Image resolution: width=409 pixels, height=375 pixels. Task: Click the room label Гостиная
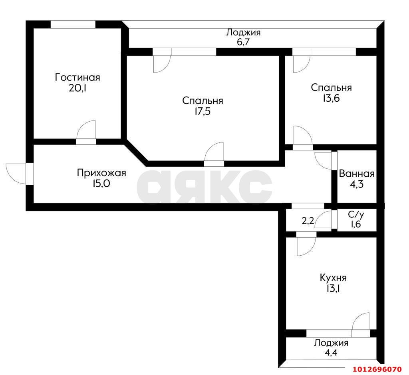click(x=77, y=77)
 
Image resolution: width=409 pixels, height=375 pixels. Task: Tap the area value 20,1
click(x=77, y=88)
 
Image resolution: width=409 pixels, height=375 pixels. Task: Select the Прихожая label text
click(x=101, y=173)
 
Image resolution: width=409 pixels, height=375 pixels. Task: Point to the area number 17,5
click(x=203, y=112)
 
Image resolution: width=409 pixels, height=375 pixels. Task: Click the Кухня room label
click(x=333, y=278)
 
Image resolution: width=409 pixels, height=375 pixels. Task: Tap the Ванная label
click(x=356, y=174)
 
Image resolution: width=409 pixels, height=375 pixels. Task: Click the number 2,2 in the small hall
click(x=307, y=221)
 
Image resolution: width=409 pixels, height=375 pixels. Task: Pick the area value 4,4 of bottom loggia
click(x=331, y=352)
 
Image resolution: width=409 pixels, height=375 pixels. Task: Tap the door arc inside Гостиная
click(x=87, y=130)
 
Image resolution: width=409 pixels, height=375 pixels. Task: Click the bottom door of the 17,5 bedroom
click(x=214, y=152)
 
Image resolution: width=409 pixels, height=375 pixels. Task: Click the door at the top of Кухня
click(x=306, y=246)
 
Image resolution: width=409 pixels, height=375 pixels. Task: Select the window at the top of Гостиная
click(x=73, y=24)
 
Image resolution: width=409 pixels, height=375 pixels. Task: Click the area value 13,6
click(x=331, y=98)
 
